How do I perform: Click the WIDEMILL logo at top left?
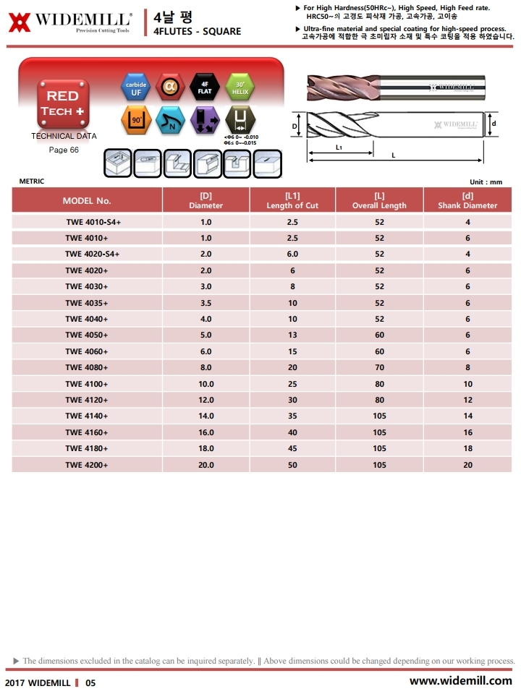70,22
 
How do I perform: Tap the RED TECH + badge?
63,103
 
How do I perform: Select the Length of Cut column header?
292,200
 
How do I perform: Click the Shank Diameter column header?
467,200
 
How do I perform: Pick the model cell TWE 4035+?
87,303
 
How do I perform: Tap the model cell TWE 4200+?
87,465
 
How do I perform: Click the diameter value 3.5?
206,303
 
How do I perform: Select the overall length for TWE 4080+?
380,367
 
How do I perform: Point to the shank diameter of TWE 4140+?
468,416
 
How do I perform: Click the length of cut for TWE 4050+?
292,335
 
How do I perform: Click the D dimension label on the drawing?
295,126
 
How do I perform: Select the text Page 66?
64,150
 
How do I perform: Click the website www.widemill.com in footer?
460,681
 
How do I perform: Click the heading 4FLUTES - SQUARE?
198,32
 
